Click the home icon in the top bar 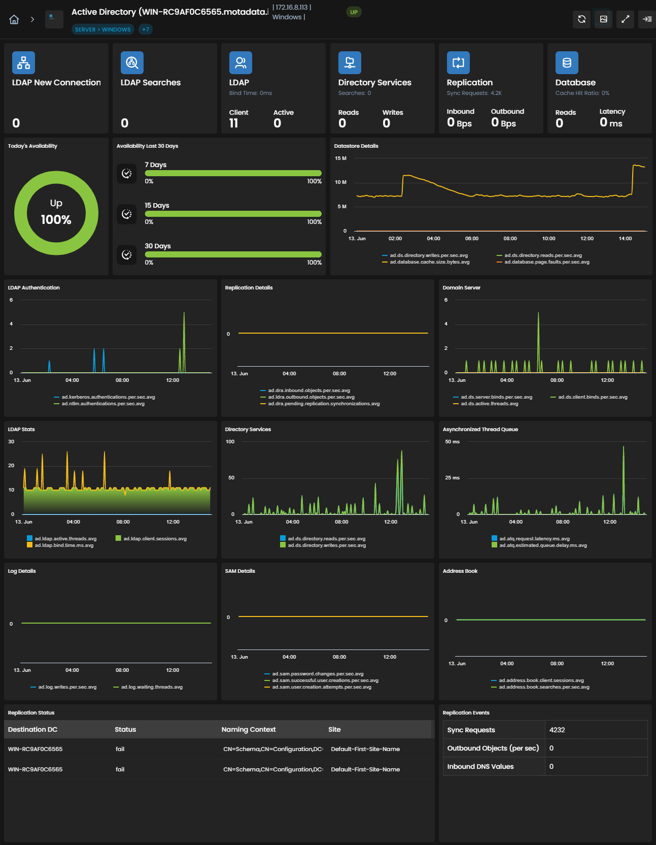[x=14, y=19]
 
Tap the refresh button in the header [x=582, y=19]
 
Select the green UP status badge [x=354, y=12]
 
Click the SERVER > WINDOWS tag [x=103, y=29]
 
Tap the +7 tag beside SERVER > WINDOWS [x=146, y=29]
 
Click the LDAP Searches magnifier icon [x=132, y=63]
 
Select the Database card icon [x=567, y=63]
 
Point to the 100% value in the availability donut [x=56, y=220]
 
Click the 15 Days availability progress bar [x=233, y=214]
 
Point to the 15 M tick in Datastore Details [x=340, y=158]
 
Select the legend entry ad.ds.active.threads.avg [x=486, y=404]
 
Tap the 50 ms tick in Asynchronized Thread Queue [x=452, y=442]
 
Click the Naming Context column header [x=249, y=730]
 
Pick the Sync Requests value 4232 [x=557, y=730]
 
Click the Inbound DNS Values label [x=480, y=766]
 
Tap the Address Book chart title [x=460, y=571]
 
